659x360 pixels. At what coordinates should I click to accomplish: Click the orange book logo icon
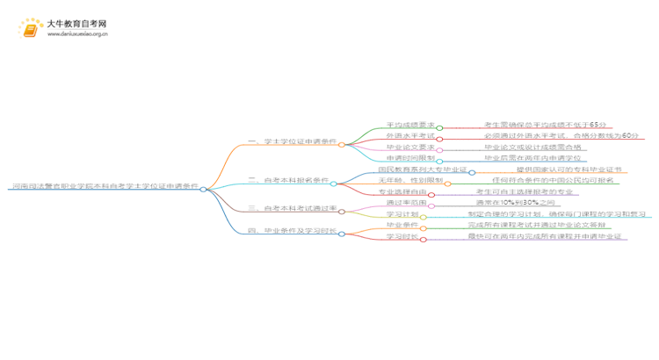[31, 29]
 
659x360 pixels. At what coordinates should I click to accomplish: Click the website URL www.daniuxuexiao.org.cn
[77, 36]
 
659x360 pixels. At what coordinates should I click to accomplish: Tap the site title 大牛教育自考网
[77, 24]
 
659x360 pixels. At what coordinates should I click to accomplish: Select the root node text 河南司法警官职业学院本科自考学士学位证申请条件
[103, 187]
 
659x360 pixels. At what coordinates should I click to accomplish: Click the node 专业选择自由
[402, 191]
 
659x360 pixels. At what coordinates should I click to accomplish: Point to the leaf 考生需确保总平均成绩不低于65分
[545, 126]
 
